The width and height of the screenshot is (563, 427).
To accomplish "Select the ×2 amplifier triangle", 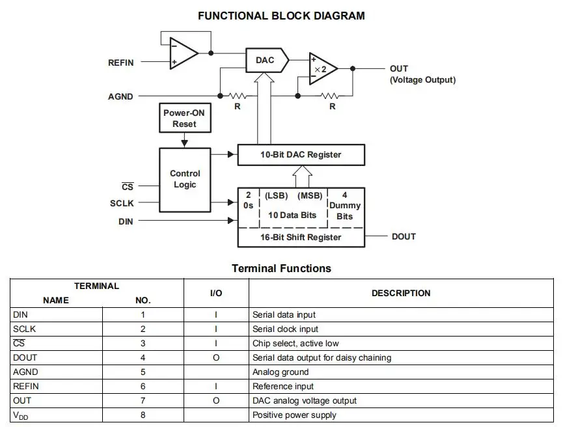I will coord(322,69).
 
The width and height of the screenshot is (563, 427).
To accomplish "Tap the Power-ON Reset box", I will coord(184,118).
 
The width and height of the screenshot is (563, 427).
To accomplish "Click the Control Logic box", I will coord(185,179).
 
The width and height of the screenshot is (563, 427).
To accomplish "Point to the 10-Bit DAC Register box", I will coord(301,155).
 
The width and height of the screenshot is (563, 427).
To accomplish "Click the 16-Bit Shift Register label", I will coord(301,237).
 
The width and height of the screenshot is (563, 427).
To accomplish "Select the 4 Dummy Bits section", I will coord(344,206).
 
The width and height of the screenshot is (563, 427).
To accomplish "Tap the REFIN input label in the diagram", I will coord(120,62).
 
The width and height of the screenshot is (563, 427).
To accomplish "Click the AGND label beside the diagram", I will coord(120,96).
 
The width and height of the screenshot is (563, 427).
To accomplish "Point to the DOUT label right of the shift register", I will coord(404,236).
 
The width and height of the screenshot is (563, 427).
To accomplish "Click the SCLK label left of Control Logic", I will coord(122,203).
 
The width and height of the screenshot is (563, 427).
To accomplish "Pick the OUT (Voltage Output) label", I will coord(422,74).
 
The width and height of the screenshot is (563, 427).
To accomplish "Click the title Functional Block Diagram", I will coord(281,16).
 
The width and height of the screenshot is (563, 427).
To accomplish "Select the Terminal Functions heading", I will coord(281,268).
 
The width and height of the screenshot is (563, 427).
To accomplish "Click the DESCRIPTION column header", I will coord(401,294).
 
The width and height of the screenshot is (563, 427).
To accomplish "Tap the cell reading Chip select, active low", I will coord(295,344).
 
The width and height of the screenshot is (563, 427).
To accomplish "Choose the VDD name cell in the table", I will coord(21,415).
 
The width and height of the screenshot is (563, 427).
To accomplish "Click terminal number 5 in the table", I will coord(143,372).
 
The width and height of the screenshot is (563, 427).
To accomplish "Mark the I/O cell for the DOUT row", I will coord(216,358).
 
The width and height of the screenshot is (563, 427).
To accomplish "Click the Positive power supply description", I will coord(294,415).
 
